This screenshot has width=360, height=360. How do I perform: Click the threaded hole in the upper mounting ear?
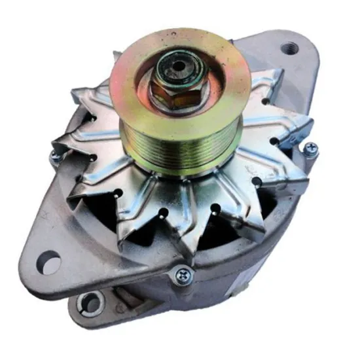tap(289, 48)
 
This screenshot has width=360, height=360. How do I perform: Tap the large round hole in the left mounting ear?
tap(48, 263)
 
